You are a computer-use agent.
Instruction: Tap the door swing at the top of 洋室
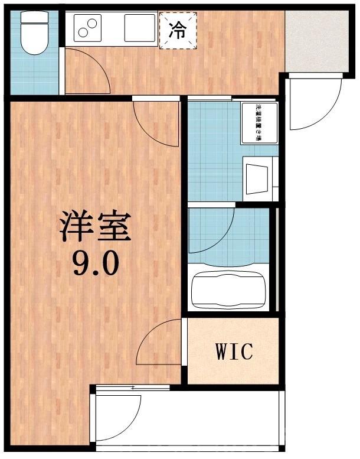pyautogui.click(x=155, y=124)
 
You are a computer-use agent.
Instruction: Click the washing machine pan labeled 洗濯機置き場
pyautogui.click(x=258, y=123)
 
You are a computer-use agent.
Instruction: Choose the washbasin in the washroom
pyautogui.click(x=258, y=176)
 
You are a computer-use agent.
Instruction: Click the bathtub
pyautogui.click(x=230, y=289)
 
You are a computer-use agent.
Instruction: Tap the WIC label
pyautogui.click(x=234, y=351)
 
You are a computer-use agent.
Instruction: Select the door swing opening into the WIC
pyautogui.click(x=161, y=343)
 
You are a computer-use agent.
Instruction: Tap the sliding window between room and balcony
pyautogui.click(x=133, y=388)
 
